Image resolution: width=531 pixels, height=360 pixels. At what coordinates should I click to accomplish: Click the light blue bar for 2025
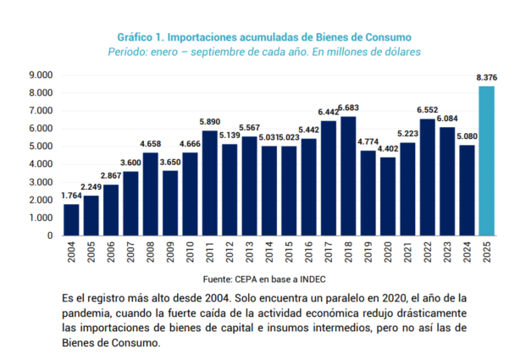486,161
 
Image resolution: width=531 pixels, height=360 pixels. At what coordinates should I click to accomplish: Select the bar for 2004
71,219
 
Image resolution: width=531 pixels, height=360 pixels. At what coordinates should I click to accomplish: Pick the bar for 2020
387,196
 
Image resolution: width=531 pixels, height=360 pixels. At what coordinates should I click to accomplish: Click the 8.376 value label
486,78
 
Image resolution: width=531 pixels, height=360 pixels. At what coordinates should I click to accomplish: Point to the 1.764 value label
71,197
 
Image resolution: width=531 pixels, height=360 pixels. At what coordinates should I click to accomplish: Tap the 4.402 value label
388,149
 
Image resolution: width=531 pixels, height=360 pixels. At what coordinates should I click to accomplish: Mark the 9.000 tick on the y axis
41,75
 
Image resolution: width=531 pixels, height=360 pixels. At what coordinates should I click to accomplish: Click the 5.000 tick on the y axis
41,147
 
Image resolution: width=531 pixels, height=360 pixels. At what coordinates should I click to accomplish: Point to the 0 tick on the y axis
52,235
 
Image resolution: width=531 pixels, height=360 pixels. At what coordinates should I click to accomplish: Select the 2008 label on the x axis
151,252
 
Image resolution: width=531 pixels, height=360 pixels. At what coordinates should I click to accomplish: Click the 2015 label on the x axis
289,252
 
